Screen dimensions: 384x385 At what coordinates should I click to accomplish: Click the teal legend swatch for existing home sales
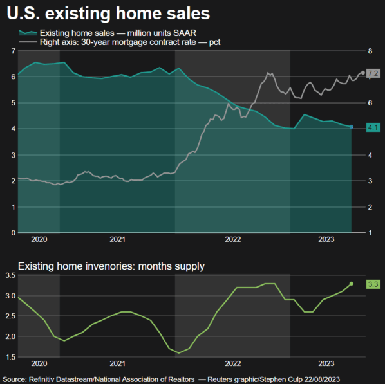tap(27, 33)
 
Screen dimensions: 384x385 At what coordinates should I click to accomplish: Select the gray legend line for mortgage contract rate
tap(27, 42)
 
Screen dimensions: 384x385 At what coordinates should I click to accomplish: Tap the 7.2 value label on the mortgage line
tap(373, 73)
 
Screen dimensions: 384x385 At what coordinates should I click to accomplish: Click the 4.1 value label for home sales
tap(373, 127)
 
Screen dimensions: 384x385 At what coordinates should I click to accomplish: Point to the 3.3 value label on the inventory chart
tap(373, 284)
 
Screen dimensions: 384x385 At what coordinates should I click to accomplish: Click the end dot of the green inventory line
tap(352, 284)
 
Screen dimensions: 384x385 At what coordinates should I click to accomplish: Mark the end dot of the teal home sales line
tap(352, 127)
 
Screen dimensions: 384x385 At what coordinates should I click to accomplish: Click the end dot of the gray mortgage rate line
tap(363, 73)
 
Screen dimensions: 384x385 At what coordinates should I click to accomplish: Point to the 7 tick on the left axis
tap(12, 51)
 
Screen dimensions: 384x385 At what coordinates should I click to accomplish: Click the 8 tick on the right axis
tap(370, 51)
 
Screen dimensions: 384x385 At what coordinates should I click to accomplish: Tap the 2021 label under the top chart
tap(117, 239)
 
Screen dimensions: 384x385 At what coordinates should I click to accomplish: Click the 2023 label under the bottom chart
tap(326, 363)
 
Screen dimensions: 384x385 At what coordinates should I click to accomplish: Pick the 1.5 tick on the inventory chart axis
tap(9, 356)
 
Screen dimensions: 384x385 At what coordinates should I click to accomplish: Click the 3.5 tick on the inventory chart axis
tap(9, 275)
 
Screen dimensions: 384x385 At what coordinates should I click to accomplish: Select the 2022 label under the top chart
tap(232, 239)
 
